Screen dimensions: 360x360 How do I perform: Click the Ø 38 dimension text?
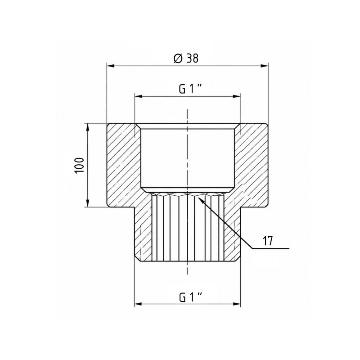[186, 58]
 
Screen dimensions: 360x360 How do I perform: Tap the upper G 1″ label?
[190, 89]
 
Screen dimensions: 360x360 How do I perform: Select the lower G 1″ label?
[190, 297]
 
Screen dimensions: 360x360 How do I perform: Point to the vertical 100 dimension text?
[79, 166]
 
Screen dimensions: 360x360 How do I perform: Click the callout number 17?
[267, 241]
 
